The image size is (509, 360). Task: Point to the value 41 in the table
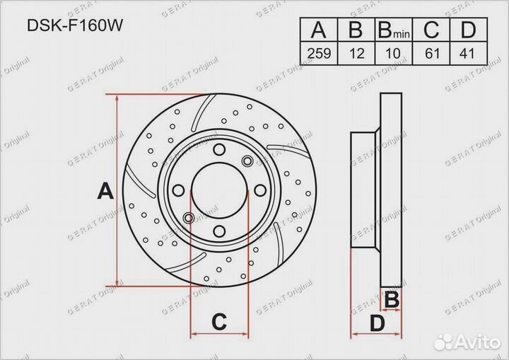point(467,52)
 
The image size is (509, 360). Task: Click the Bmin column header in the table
point(392,30)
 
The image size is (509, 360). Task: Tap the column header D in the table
point(467,30)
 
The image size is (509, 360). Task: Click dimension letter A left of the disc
point(105,191)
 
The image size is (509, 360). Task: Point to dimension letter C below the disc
point(219,322)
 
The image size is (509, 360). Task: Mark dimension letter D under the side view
point(377,324)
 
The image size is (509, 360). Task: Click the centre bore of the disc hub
point(219,190)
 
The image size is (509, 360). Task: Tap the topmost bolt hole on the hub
point(219,149)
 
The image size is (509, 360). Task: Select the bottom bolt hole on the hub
point(219,230)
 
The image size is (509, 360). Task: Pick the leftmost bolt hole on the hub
point(179,190)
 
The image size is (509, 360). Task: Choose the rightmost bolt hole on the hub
point(259,190)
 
